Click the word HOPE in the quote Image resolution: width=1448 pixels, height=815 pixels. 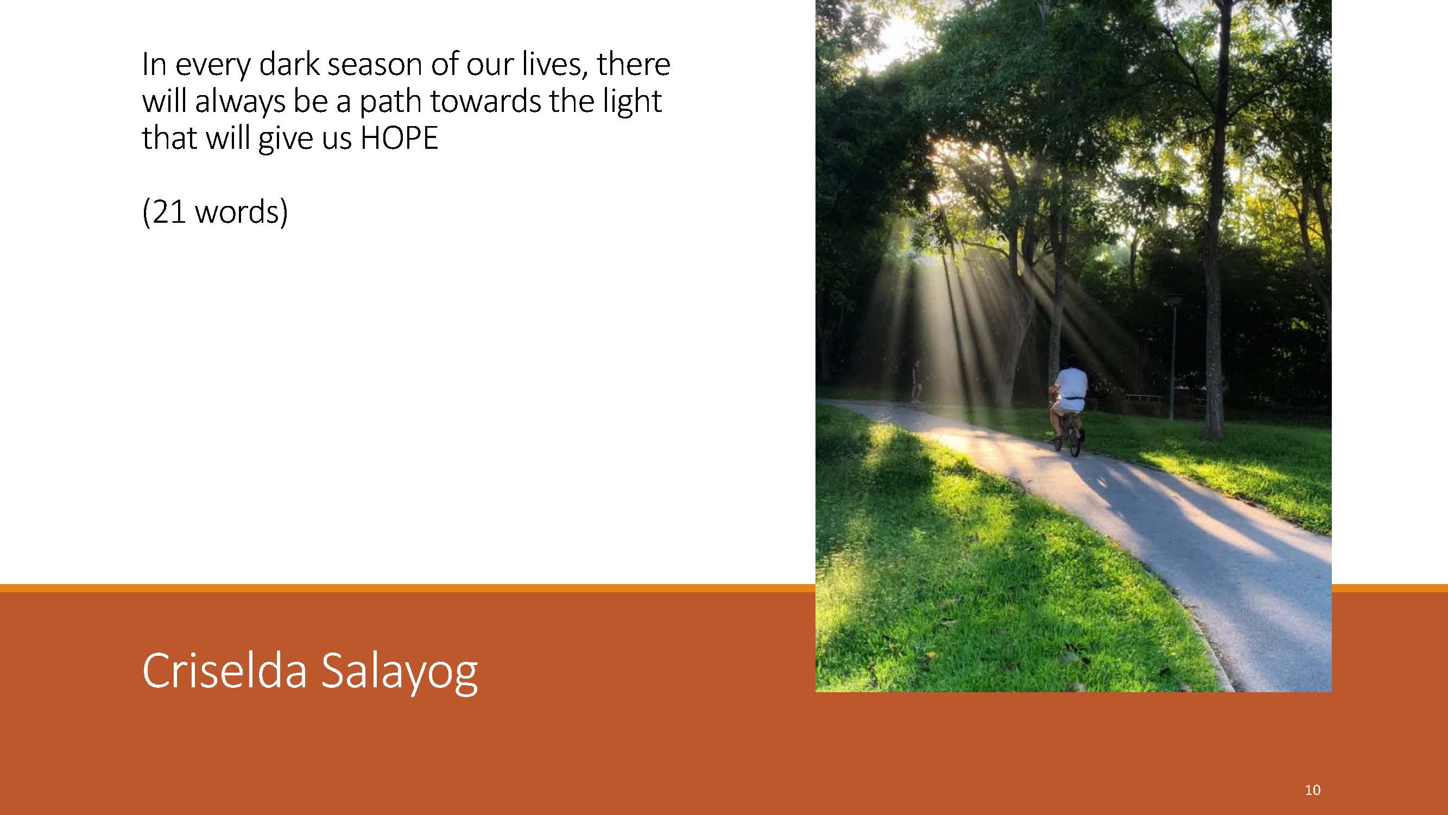399,138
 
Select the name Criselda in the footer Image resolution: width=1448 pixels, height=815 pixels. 224,670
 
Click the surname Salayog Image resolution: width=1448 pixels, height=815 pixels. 400,673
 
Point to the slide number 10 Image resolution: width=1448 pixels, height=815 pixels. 1312,789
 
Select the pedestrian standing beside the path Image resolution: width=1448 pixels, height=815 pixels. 918,381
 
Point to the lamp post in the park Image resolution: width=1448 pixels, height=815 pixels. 1173,356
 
